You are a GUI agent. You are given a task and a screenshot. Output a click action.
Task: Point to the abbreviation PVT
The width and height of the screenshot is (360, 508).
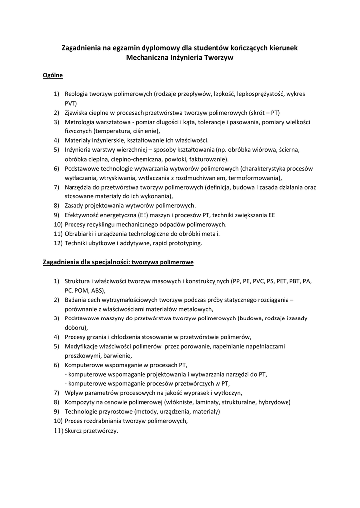click(x=71, y=103)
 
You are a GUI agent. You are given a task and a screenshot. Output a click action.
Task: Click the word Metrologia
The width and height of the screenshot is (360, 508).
click(x=79, y=122)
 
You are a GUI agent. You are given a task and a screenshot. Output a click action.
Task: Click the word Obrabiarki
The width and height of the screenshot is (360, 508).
click(x=80, y=234)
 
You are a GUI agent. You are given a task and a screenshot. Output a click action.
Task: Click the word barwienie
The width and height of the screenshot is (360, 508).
click(x=117, y=355)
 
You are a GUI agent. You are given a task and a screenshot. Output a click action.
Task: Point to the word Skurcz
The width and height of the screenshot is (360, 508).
click(x=74, y=430)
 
